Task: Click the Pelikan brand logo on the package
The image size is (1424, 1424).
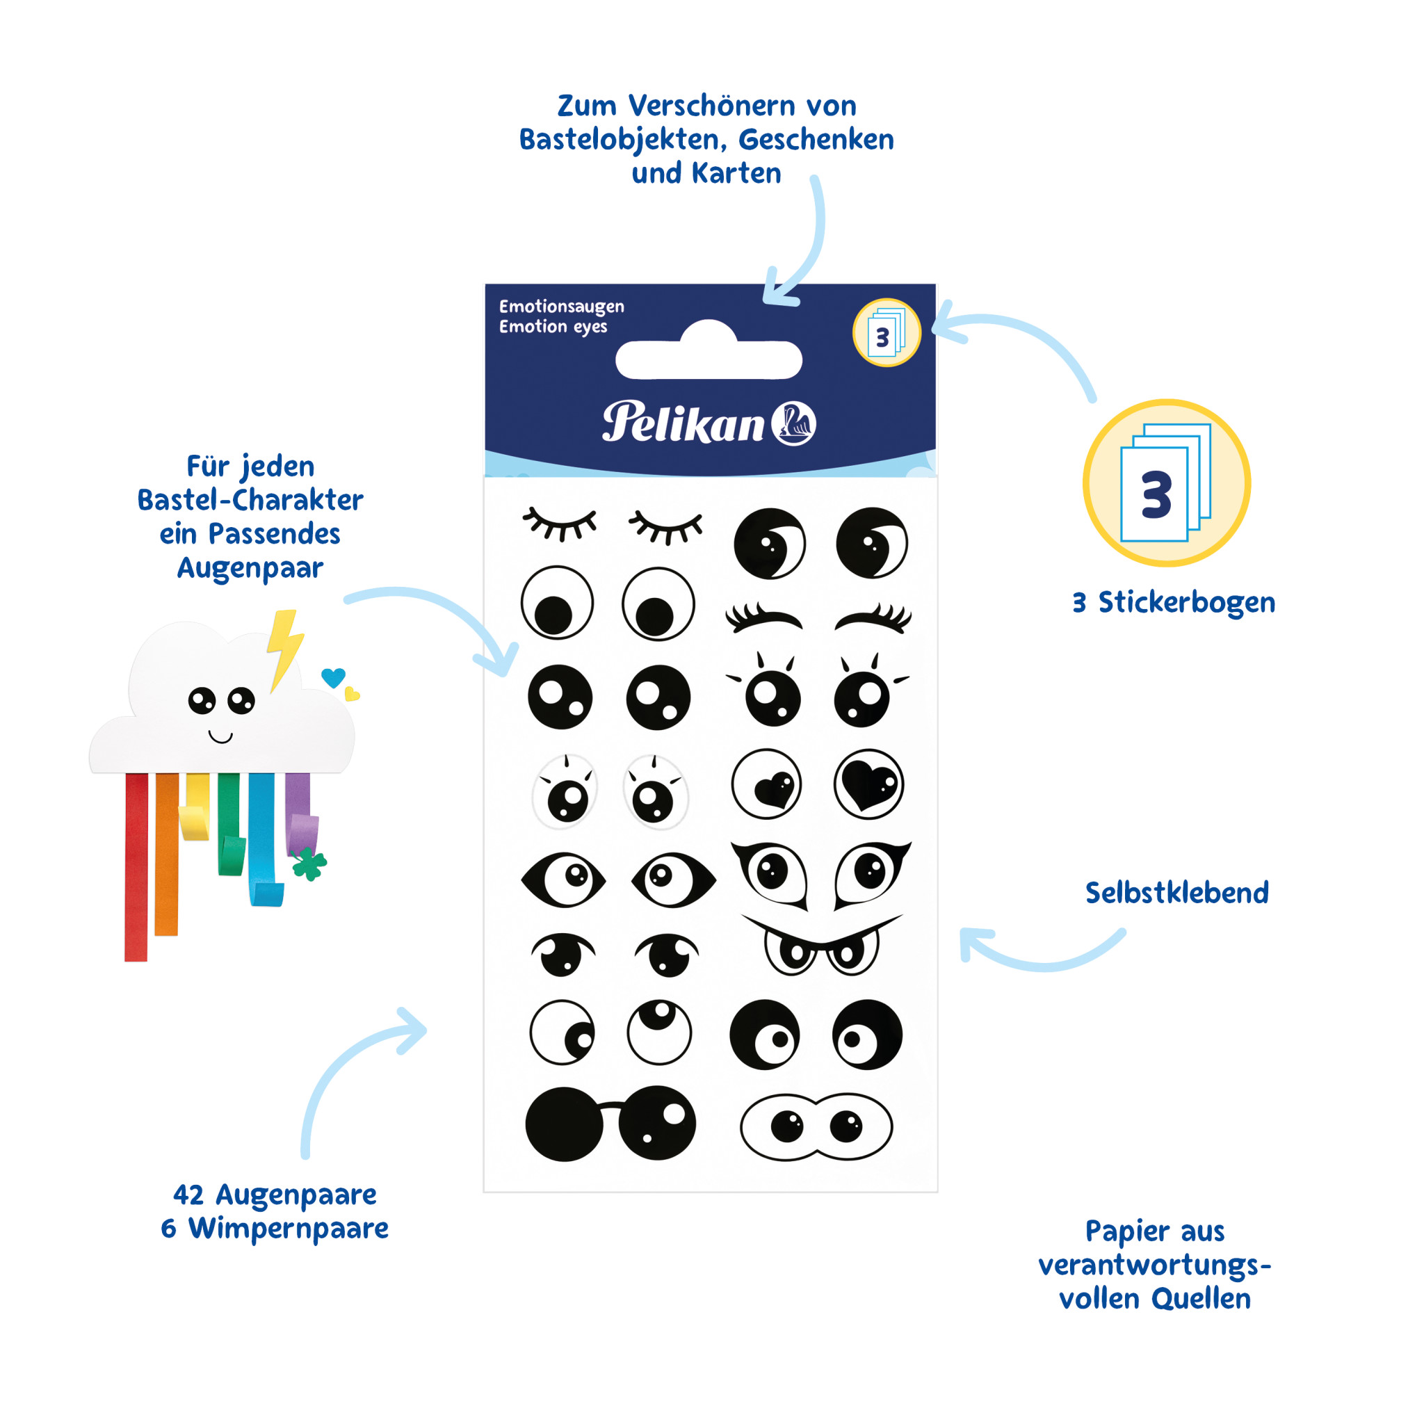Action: (x=709, y=423)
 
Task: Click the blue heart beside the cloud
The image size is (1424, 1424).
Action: (x=333, y=677)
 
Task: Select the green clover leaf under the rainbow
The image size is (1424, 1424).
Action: (x=309, y=863)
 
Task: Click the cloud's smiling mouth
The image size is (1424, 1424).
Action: (x=220, y=736)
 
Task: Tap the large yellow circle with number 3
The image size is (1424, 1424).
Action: (x=1166, y=483)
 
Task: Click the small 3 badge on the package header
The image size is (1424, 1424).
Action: (x=886, y=333)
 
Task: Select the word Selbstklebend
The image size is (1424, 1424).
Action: (x=1176, y=893)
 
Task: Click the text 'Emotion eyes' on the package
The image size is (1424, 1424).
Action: (x=553, y=327)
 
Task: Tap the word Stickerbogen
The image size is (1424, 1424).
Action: (x=1186, y=602)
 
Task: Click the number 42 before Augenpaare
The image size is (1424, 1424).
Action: (x=188, y=1195)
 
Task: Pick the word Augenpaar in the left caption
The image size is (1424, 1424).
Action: (x=250, y=568)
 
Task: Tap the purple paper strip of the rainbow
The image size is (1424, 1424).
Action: (x=298, y=811)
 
